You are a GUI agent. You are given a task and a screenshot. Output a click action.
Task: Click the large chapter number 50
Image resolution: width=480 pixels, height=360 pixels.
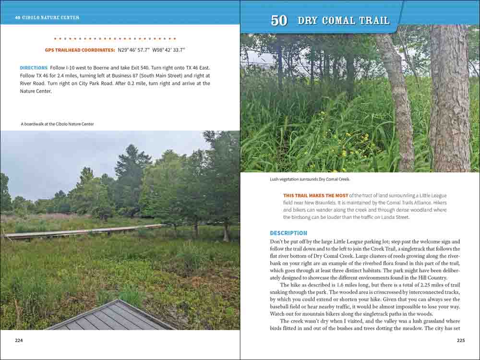coord(279,21)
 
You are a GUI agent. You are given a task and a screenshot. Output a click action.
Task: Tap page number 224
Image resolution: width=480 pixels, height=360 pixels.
coord(19,340)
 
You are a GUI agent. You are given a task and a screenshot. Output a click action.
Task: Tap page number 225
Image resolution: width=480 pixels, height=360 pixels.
coord(461,340)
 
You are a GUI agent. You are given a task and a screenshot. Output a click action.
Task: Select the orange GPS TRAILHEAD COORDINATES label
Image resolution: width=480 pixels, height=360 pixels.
coord(80,50)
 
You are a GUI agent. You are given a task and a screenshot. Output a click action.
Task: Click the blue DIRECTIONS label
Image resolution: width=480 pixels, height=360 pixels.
coord(34,68)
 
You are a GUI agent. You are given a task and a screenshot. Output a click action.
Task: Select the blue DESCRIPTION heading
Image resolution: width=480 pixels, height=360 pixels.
coord(288,233)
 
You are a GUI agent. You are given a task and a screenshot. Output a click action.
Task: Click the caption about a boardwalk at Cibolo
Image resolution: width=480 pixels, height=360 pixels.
coord(57,124)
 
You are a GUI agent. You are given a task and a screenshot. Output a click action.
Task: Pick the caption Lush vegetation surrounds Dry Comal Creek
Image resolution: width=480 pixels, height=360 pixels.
coord(310,180)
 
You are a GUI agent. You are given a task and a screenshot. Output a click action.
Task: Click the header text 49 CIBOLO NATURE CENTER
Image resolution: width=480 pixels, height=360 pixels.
coord(47,18)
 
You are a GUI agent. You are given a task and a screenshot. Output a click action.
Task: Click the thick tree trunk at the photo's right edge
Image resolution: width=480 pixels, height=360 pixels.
coord(450,96)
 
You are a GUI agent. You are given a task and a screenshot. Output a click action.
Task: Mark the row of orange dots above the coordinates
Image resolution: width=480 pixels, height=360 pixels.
coord(115,38)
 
